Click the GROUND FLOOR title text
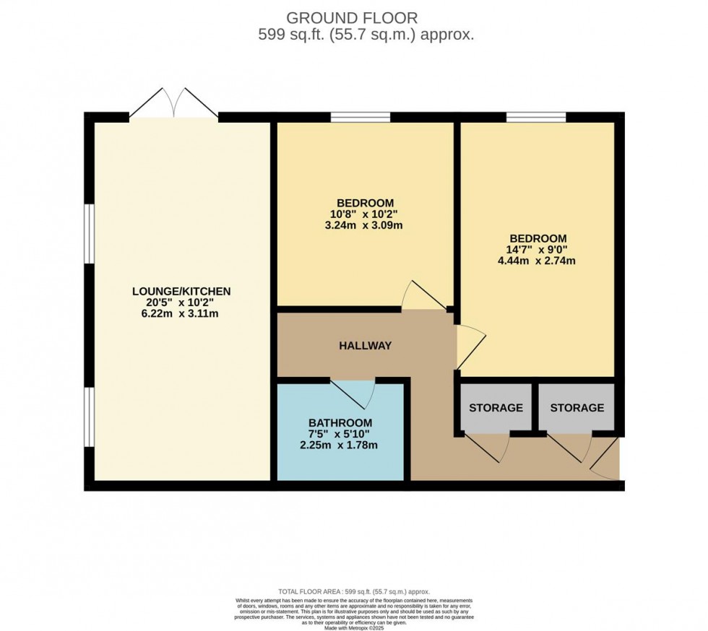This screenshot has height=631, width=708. pos(352,18)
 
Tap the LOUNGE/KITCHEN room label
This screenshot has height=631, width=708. pos(181,292)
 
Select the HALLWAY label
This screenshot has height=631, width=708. pos(366,346)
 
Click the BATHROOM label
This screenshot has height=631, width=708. pos(340,423)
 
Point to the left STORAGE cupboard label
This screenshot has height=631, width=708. pos(496,408)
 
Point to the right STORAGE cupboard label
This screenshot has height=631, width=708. pos(577,408)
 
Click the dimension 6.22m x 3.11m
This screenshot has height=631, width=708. pos(181,313)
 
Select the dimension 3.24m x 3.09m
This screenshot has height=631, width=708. pos(365,225)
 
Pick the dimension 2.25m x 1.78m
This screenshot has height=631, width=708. pos(340,445)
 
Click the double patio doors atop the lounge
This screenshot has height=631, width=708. pos(173,103)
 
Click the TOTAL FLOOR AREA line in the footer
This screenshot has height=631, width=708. pos(354,592)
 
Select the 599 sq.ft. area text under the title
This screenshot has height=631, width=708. pos(366,35)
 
